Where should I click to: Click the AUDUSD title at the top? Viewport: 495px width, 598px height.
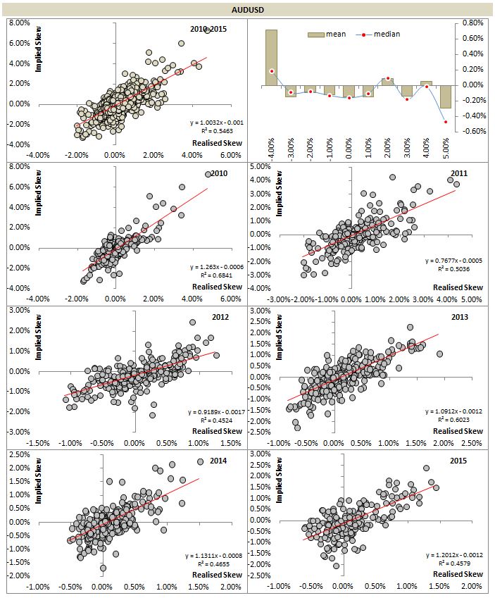(x=248, y=10)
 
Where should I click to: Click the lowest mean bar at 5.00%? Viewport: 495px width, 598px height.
(x=445, y=97)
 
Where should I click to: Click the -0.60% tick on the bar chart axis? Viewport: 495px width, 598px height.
(x=472, y=131)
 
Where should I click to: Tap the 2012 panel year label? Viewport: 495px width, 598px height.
(x=220, y=317)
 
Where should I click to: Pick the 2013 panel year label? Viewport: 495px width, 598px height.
(x=460, y=317)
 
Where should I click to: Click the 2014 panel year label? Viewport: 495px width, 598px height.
(x=220, y=461)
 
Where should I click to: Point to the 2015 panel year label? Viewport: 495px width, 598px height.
(x=460, y=461)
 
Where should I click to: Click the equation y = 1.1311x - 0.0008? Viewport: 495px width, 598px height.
(x=215, y=555)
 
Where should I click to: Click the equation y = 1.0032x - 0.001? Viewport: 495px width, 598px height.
(x=215, y=123)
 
